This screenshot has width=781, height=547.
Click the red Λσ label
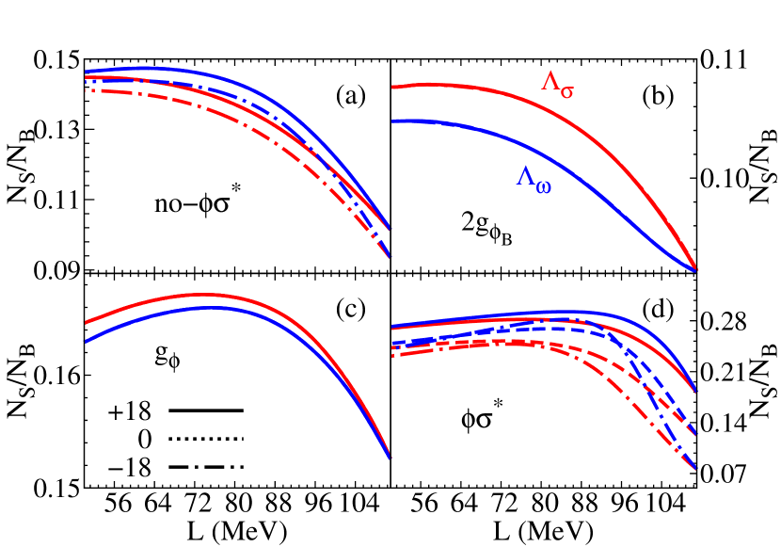(557, 84)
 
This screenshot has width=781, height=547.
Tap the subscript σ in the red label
(566, 90)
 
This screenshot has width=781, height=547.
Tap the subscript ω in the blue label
(543, 186)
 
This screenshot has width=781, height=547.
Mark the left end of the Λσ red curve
(392, 88)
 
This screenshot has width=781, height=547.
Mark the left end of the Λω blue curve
(392, 121)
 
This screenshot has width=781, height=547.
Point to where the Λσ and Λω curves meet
(695, 269)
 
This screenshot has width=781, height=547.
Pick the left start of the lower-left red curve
(86, 323)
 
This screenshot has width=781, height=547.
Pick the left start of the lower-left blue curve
(86, 342)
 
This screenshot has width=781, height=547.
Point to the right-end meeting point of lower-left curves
(389, 458)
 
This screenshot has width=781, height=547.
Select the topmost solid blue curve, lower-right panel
(565, 312)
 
